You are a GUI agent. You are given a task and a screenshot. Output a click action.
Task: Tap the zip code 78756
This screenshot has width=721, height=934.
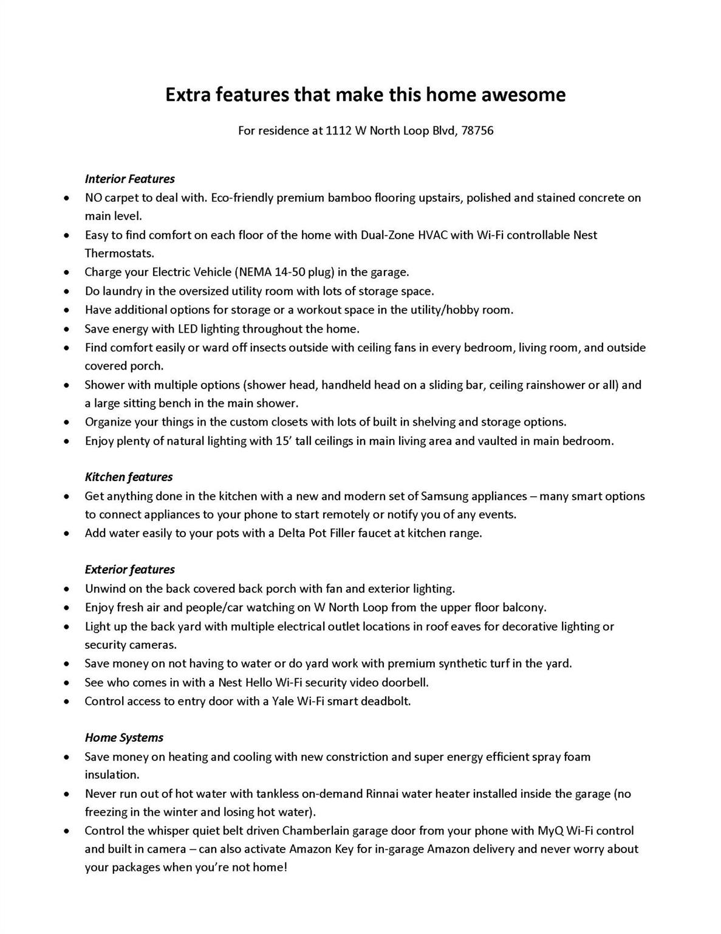[x=477, y=131]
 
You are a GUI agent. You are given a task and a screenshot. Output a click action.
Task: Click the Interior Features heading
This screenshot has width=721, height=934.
[x=129, y=179]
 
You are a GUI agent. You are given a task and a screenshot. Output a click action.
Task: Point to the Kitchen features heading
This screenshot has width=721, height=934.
[x=128, y=477]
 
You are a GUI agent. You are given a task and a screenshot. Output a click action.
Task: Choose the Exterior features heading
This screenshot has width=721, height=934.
[x=129, y=570]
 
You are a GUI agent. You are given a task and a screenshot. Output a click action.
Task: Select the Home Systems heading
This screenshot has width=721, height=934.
[x=124, y=738]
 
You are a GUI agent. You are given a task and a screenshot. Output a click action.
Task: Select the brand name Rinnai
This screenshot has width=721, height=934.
[x=384, y=794]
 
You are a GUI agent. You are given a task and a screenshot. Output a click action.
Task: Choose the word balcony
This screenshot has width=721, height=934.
[x=524, y=607]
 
